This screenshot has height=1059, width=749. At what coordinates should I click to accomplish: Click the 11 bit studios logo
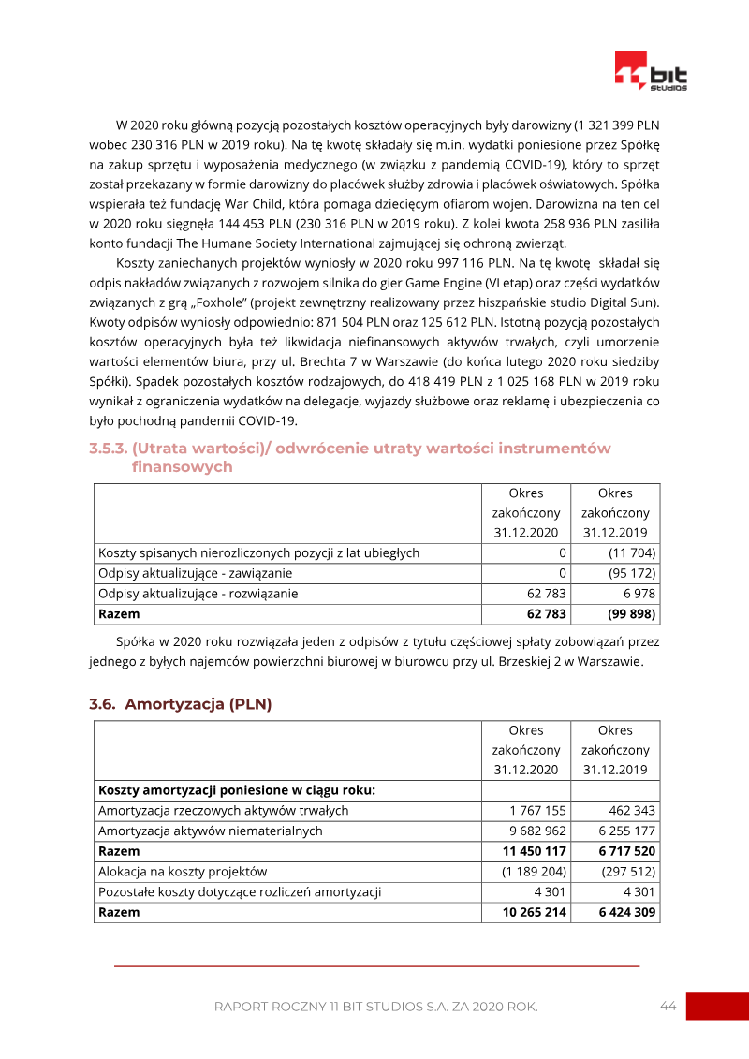[x=651, y=71]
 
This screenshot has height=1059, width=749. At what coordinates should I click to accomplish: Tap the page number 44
[x=668, y=1006]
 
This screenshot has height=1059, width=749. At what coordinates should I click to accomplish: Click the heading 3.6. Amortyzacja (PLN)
[x=180, y=704]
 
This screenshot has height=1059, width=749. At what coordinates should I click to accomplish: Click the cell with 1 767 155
[x=537, y=810]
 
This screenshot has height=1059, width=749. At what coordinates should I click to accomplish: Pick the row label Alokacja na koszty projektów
[x=183, y=872]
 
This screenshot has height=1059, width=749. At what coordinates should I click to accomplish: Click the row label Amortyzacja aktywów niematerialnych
[x=211, y=831]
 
